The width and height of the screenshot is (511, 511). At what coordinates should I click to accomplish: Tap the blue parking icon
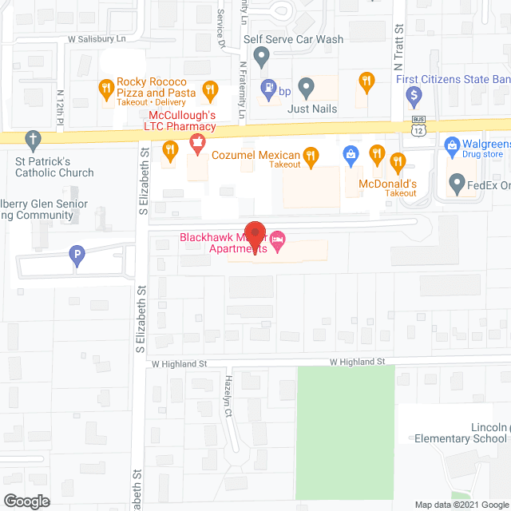pyautogui.click(x=76, y=256)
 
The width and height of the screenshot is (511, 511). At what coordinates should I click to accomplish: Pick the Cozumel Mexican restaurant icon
pyautogui.click(x=311, y=155)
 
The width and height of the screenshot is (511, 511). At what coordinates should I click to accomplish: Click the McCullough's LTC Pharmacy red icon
pyautogui.click(x=196, y=145)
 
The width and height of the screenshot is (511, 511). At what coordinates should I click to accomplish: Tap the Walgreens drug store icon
pyautogui.click(x=450, y=147)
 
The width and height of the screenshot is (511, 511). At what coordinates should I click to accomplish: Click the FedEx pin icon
pyautogui.click(x=457, y=184)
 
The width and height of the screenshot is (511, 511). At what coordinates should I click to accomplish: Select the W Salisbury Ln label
pyautogui.click(x=101, y=38)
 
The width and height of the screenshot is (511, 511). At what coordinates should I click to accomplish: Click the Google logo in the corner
pyautogui.click(x=26, y=501)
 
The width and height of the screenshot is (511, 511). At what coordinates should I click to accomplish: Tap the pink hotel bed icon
pyautogui.click(x=278, y=239)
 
